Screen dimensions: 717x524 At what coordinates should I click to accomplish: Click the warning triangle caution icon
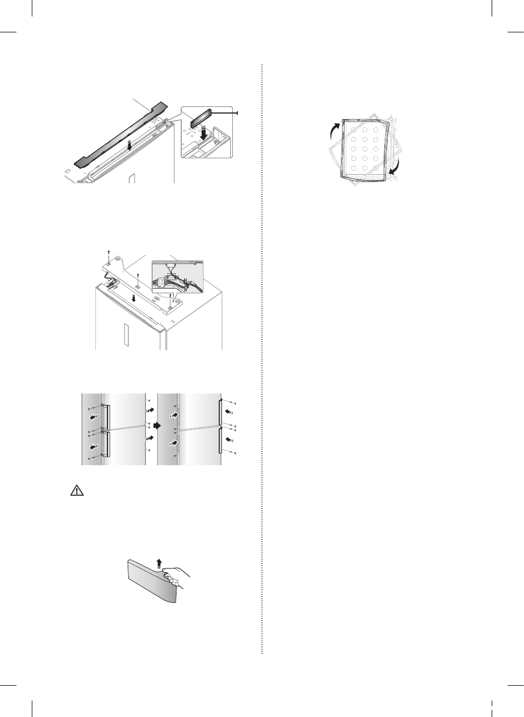pos(77,491)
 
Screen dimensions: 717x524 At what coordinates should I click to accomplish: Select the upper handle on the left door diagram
pos(107,416)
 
